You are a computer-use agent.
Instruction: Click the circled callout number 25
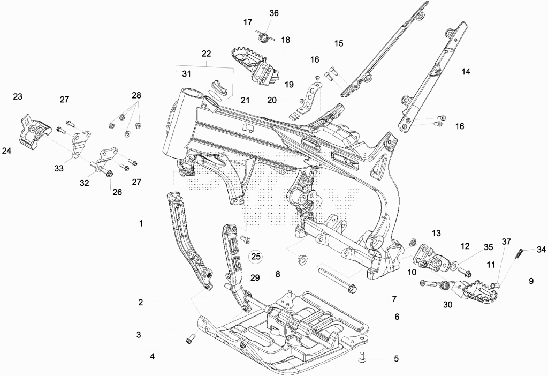pyautogui.click(x=256, y=257)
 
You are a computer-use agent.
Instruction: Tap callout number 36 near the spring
pyautogui.click(x=274, y=13)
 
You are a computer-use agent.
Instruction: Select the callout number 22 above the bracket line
pyautogui.click(x=206, y=54)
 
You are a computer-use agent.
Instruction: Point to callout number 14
pyautogui.click(x=466, y=72)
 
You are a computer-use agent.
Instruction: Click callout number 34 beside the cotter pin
pyautogui.click(x=541, y=250)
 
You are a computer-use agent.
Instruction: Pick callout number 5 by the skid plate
pyautogui.click(x=396, y=358)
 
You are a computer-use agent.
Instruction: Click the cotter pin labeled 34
pyautogui.click(x=519, y=252)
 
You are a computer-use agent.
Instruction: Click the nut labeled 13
pyautogui.click(x=413, y=242)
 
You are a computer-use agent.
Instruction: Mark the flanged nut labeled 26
pyautogui.click(x=108, y=173)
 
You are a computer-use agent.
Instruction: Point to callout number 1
pyautogui.click(x=141, y=223)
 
